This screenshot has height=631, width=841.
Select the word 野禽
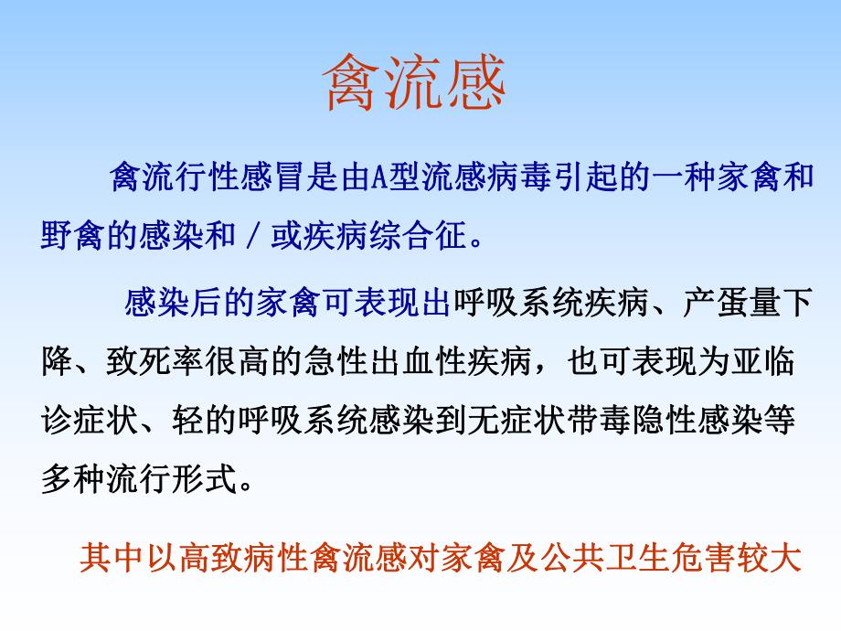pos(76,237)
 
